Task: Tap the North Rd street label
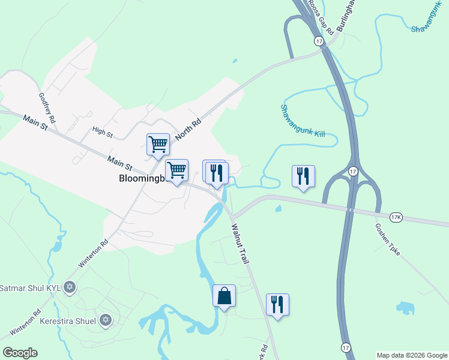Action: [x=188, y=128]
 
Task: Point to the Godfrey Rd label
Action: [x=47, y=108]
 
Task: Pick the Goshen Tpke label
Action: [x=388, y=239]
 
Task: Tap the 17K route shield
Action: [x=396, y=217]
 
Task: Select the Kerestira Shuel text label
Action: [x=67, y=320]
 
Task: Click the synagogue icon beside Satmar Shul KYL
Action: [x=70, y=287]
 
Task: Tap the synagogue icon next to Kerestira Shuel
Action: [x=106, y=320]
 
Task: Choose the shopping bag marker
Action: [x=224, y=296]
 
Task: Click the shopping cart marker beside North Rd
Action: [x=158, y=145]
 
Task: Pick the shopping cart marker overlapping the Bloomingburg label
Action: [x=177, y=171]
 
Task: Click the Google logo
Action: [x=20, y=353]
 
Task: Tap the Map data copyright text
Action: [x=412, y=355]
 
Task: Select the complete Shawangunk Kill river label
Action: [x=303, y=121]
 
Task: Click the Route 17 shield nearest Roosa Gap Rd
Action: [x=318, y=41]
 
